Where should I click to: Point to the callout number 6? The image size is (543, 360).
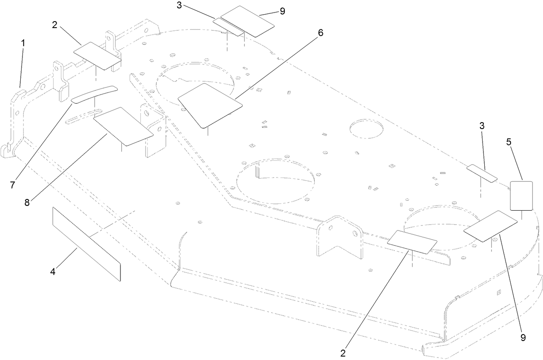(320, 33)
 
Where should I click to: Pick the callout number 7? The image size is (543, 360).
(12, 185)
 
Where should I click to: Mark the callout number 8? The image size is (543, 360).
(27, 202)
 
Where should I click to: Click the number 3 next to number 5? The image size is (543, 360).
(482, 126)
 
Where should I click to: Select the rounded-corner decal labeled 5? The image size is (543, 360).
(521, 196)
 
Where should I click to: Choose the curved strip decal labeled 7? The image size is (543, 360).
(94, 94)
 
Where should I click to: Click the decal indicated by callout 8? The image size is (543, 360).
(123, 126)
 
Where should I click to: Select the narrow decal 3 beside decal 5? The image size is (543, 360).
(483, 173)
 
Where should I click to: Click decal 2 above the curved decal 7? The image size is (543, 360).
(97, 55)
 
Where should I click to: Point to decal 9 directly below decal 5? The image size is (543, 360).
(490, 226)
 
